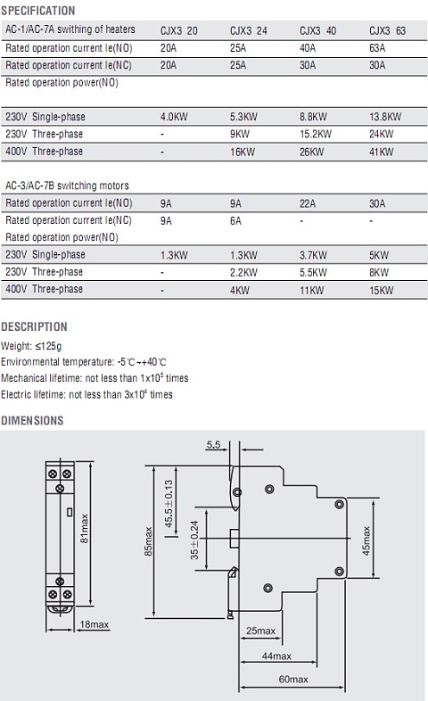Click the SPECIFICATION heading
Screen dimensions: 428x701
point(38,11)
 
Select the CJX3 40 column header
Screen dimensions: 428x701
point(317,31)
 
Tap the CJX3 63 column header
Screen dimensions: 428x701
point(387,31)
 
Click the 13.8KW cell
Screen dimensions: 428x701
point(385,117)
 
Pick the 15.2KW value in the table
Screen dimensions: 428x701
point(316,134)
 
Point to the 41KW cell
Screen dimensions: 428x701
point(381,152)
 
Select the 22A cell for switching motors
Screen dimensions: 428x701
point(308,204)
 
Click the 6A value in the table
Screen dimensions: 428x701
point(235,221)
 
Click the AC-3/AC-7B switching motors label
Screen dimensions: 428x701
point(67,186)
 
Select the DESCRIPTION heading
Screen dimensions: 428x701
point(34,326)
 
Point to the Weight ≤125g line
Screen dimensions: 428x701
point(31,346)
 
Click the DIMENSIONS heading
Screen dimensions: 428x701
point(32,421)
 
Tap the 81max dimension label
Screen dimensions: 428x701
point(84,529)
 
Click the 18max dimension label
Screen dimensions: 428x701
point(95,624)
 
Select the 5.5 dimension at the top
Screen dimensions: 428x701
point(213,445)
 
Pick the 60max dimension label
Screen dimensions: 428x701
point(293,679)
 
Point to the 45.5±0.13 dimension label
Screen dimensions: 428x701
point(169,503)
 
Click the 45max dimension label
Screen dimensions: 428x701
point(366,540)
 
